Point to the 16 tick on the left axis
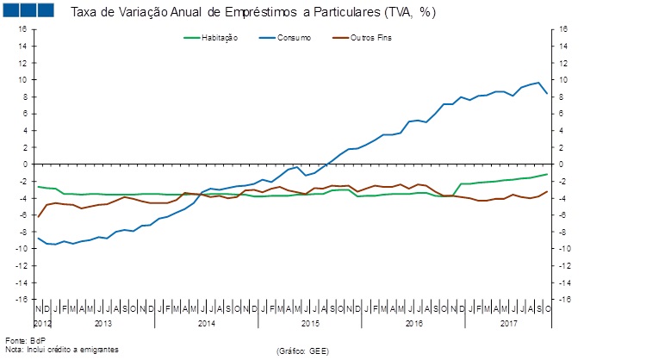(23, 29)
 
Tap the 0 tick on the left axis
(25, 164)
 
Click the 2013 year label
(102, 323)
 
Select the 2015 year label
(310, 323)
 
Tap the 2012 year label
(42, 323)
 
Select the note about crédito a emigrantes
(61, 349)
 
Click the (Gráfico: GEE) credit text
(303, 351)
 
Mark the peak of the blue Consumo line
(538, 83)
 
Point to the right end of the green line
(547, 175)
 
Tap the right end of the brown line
(547, 191)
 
